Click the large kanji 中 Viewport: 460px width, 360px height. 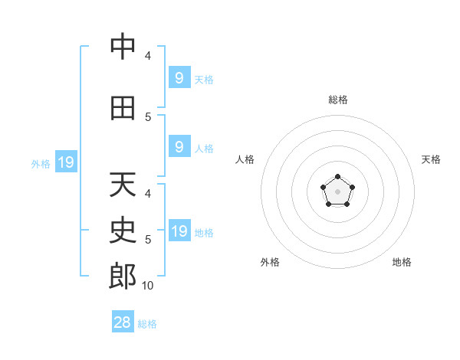(x=123, y=46)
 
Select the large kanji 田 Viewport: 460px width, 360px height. (x=123, y=108)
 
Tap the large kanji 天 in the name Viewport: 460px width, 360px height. (x=123, y=184)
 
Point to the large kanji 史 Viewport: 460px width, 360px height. (x=123, y=230)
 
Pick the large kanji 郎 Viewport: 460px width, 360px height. (x=123, y=276)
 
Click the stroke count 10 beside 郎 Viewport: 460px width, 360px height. (x=147, y=286)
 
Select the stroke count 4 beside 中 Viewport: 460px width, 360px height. (x=148, y=56)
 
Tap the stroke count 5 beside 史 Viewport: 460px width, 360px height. (x=148, y=240)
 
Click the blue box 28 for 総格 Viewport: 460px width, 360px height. (x=123, y=321)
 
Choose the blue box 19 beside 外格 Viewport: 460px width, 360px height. (x=66, y=162)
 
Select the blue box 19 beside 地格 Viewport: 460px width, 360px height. (x=179, y=230)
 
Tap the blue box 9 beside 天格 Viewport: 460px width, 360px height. (x=179, y=77)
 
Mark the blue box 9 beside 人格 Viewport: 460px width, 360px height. (x=179, y=146)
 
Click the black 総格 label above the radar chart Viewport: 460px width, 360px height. (x=338, y=100)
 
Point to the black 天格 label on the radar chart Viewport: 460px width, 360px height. (x=431, y=159)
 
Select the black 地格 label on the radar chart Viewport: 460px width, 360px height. (x=402, y=262)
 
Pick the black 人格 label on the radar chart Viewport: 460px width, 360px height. (x=245, y=159)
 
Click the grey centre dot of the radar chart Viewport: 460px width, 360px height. (x=337, y=191)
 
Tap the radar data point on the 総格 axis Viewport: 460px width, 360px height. (x=337, y=176)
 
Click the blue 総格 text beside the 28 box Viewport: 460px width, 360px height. (x=147, y=324)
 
